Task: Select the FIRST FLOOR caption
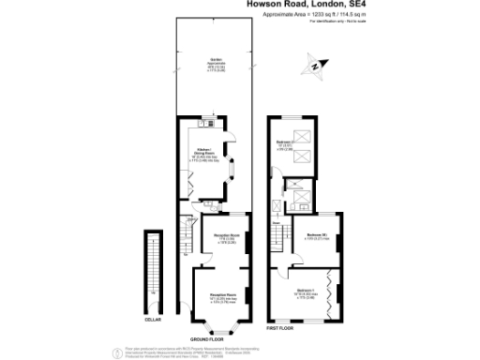(x=279, y=328)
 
